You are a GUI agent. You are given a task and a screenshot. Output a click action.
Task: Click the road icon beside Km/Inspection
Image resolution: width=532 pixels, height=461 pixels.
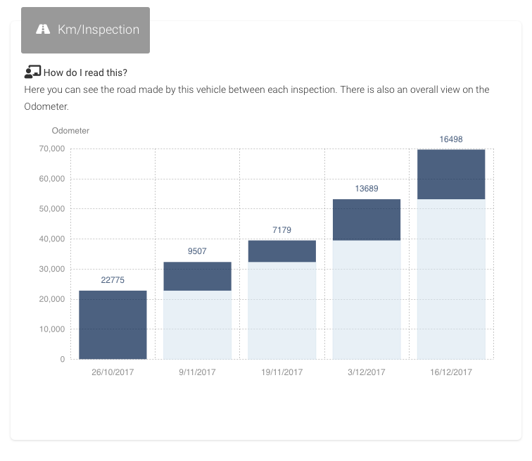[x=44, y=30]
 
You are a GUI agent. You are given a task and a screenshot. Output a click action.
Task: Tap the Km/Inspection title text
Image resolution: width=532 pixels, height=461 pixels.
[x=99, y=30]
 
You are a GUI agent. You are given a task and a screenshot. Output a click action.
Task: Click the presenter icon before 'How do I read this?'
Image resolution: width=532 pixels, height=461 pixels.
[x=32, y=72]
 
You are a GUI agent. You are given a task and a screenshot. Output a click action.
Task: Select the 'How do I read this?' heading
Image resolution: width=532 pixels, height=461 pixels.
[x=85, y=72]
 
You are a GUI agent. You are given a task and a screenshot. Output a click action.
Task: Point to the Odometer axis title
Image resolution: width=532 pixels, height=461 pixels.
[x=70, y=130]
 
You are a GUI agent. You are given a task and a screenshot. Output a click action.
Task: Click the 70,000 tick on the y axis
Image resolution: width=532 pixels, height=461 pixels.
[x=53, y=149]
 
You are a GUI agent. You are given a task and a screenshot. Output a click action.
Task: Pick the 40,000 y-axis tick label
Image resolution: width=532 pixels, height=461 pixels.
[x=53, y=239]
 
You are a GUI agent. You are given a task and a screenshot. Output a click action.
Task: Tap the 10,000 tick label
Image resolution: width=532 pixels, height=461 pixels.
[x=53, y=329]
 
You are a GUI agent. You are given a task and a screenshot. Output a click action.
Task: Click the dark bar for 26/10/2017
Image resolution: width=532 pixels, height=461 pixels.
[x=113, y=324]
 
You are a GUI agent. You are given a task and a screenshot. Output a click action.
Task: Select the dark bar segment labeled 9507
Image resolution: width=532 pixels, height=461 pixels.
[x=197, y=276]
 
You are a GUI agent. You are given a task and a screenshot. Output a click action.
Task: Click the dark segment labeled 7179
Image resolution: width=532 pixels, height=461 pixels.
[x=281, y=251]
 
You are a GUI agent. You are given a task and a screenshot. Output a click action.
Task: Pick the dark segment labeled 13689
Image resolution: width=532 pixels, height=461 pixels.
[x=366, y=220]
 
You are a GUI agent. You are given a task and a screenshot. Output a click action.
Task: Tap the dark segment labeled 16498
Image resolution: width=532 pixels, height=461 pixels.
[x=451, y=175]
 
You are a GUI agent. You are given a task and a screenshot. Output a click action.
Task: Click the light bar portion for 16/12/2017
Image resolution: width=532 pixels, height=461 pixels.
[x=451, y=279]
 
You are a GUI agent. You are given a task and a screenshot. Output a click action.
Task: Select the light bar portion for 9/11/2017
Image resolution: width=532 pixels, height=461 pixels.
[x=197, y=324]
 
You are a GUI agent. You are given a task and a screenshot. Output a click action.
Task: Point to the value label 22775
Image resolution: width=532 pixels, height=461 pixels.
[x=113, y=280]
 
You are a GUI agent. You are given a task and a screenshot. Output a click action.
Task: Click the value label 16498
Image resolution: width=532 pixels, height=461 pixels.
[x=451, y=139]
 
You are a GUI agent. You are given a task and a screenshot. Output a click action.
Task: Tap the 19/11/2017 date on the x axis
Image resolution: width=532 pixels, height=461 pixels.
[x=281, y=372]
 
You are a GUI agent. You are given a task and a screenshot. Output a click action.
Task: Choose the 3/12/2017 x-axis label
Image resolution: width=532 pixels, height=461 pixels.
[x=366, y=372]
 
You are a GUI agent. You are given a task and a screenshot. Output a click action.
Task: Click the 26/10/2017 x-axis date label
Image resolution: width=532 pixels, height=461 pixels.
[x=113, y=372]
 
